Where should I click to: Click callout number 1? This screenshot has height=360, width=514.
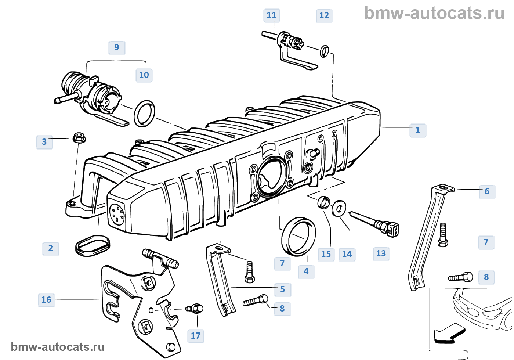tap(417, 130)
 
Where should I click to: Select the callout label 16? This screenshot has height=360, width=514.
tap(46, 300)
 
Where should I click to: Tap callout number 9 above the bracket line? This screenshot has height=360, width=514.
tap(117, 47)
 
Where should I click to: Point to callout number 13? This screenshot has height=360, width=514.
tap(381, 253)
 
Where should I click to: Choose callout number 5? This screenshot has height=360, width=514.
tap(282, 289)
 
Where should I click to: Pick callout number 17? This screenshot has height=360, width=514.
tap(195, 336)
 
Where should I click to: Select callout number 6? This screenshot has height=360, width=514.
tap(487, 191)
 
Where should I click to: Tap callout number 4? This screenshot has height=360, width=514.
tap(306, 271)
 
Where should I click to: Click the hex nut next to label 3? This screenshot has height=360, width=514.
tap(79, 138)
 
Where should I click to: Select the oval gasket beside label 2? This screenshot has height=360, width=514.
tap(93, 246)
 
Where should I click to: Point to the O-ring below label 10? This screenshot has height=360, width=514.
tap(144, 114)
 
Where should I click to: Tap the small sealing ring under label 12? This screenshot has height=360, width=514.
tap(324, 51)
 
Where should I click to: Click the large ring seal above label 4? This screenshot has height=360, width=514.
tap(298, 236)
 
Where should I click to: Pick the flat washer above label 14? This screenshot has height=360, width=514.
tap(339, 209)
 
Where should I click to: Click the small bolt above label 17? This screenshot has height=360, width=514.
tap(195, 308)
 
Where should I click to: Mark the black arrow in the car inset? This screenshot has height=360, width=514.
tap(449, 333)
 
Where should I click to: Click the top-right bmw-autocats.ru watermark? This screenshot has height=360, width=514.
tap(434, 14)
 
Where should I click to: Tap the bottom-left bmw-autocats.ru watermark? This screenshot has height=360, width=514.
tap(58, 347)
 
